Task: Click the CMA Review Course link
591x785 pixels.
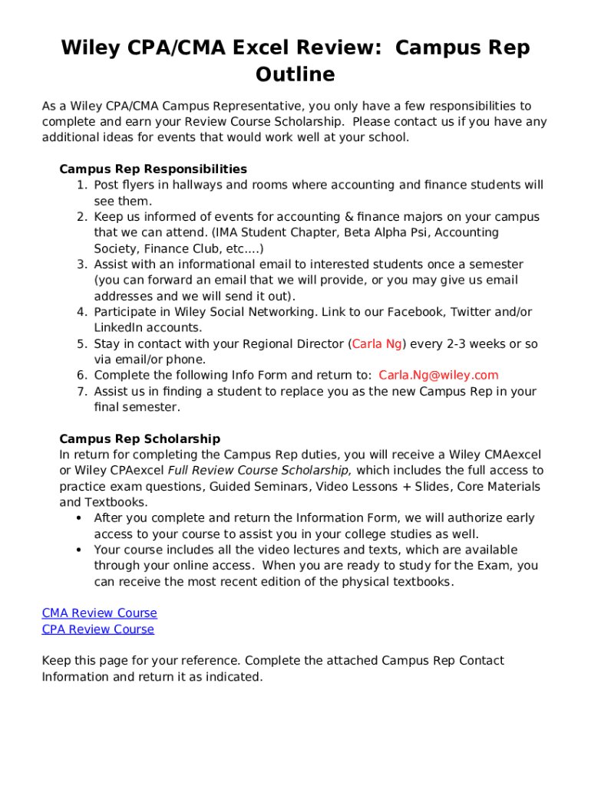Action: pyautogui.click(x=99, y=613)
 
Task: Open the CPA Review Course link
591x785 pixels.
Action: pyautogui.click(x=97, y=629)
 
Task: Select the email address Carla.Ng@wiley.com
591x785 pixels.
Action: pyautogui.click(x=438, y=376)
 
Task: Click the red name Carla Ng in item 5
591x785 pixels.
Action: pyautogui.click(x=377, y=344)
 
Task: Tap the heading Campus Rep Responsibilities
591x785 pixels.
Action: pyautogui.click(x=153, y=169)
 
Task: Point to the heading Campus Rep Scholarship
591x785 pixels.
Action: pyautogui.click(x=140, y=439)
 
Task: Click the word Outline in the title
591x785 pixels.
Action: pyautogui.click(x=295, y=74)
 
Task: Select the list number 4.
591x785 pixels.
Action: pyautogui.click(x=81, y=312)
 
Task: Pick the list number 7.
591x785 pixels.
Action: pyautogui.click(x=81, y=392)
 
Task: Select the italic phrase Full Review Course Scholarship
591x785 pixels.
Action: pyautogui.click(x=259, y=471)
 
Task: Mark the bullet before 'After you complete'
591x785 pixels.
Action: pyautogui.click(x=80, y=518)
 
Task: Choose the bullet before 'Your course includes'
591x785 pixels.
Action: pyautogui.click(x=80, y=550)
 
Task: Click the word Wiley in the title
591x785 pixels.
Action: pyautogui.click(x=92, y=48)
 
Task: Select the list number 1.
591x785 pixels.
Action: pyautogui.click(x=81, y=186)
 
